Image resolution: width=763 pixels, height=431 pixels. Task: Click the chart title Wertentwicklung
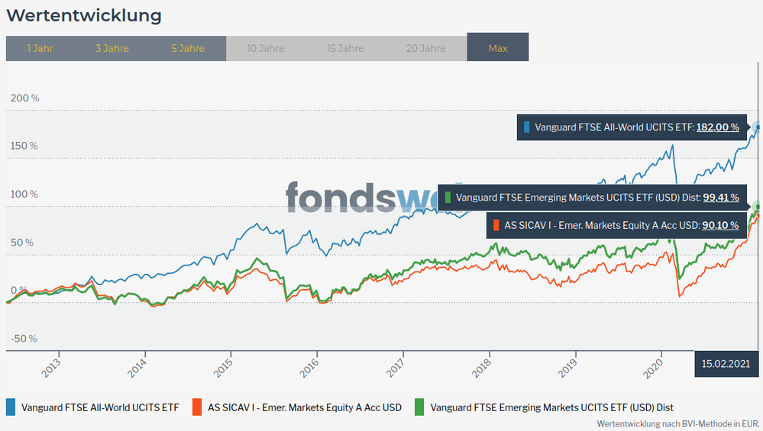pos(83,15)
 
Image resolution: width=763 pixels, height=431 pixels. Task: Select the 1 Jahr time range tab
pos(40,48)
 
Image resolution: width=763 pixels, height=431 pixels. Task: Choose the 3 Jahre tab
pos(112,48)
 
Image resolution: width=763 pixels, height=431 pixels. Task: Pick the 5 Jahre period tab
pos(188,48)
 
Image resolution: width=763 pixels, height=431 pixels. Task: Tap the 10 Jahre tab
pos(266,48)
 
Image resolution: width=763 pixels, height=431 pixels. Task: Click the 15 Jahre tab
pos(345,48)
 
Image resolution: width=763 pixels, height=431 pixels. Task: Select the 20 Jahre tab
pos(426,48)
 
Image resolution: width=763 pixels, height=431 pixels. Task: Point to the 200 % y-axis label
pos(24,98)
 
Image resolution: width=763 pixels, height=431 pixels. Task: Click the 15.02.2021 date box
pos(726,363)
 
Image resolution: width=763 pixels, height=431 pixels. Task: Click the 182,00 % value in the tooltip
pos(717,127)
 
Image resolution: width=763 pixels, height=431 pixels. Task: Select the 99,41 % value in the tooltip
pos(720,198)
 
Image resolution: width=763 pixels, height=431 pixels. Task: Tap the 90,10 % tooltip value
pos(720,225)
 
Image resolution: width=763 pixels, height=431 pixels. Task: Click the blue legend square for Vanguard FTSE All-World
pos(11,407)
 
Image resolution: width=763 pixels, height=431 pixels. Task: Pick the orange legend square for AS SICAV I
pos(198,407)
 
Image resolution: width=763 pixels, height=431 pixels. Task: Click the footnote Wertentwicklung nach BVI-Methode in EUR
pos(678,423)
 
